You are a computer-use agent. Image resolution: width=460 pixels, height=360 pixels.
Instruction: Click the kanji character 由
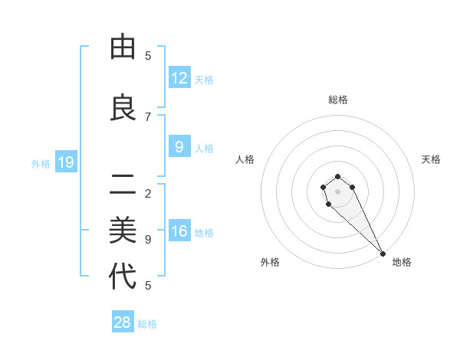tap(123, 47)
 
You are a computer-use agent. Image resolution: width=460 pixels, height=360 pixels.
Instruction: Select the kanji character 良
tap(123, 107)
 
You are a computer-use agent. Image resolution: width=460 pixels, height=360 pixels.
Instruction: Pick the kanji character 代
tap(123, 277)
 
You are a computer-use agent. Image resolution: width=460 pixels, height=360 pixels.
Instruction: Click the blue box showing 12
tap(179, 78)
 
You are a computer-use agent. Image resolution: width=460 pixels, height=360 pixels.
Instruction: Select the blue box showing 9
tap(179, 147)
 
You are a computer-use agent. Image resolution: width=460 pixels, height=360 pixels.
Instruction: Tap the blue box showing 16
tap(179, 231)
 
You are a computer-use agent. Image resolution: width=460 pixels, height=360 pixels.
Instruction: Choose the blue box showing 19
tap(66, 162)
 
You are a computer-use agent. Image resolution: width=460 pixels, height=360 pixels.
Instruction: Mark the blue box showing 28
tap(123, 322)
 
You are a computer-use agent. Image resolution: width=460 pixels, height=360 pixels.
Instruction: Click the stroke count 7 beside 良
tap(148, 116)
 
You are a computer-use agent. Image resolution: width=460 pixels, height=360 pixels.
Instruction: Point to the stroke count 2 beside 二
tap(148, 193)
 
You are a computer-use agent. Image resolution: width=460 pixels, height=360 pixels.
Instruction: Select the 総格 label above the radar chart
tap(338, 100)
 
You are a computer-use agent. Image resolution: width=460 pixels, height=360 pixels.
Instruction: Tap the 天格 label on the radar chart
tap(431, 159)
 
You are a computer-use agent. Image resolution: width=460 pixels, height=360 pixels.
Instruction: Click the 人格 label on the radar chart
tap(245, 159)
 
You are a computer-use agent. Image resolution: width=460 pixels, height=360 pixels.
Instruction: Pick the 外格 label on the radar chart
tap(270, 262)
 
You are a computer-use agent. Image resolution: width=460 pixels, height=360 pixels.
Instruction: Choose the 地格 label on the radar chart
tap(402, 262)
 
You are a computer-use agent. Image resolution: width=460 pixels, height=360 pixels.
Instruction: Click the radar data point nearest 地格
tap(383, 253)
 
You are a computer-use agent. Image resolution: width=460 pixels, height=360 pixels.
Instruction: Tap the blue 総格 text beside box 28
tap(147, 324)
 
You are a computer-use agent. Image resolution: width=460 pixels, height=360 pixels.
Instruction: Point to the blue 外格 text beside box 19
tap(41, 163)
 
